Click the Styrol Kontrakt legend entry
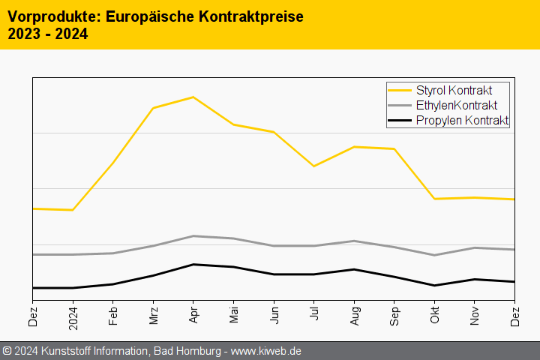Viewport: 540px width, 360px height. click(454, 90)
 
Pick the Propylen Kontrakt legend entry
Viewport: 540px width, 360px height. click(462, 120)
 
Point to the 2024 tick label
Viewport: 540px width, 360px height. click(73, 315)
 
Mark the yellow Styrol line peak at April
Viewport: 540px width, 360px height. click(193, 97)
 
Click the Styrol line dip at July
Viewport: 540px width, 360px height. click(314, 166)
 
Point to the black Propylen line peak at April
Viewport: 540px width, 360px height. click(193, 264)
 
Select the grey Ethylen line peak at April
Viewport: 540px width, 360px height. click(193, 236)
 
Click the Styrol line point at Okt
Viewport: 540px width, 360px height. click(435, 199)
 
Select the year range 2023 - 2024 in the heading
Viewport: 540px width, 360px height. click(47, 34)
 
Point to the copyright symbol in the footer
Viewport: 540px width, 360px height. click(7, 350)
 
